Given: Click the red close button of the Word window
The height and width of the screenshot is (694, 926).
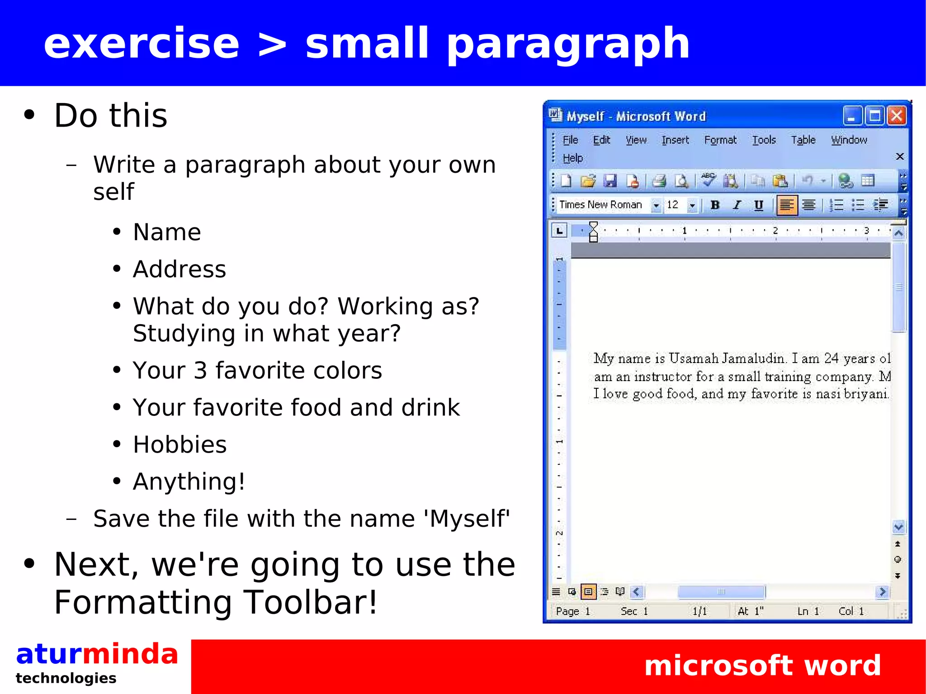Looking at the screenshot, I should click(897, 116).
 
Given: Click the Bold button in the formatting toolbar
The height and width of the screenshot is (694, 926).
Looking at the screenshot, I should click(715, 205).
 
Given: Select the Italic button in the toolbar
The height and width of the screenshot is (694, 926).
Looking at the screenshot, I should click(737, 205).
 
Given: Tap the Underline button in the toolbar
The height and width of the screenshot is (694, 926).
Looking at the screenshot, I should click(759, 205).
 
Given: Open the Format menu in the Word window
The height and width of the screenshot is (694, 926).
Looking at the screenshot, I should click(720, 140).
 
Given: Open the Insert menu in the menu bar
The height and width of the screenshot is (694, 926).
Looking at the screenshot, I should click(675, 140).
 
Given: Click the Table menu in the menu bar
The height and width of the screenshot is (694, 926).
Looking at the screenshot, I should click(803, 140).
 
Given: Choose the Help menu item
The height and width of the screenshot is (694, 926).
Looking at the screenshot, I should click(572, 158).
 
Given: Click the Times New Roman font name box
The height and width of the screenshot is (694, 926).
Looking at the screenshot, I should click(601, 205).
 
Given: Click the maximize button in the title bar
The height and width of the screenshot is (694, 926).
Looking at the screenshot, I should click(874, 116).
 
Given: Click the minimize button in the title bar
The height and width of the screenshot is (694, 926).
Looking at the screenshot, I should click(852, 116).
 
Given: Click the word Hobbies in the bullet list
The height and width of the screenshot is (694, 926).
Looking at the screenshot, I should click(180, 444).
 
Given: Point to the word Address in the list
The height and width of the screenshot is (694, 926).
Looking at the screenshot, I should click(179, 269).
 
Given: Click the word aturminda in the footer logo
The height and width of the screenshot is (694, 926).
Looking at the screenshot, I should click(97, 654).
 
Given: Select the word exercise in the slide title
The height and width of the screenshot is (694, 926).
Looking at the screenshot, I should click(141, 43).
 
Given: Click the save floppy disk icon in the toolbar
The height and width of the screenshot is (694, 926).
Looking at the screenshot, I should click(610, 181).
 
